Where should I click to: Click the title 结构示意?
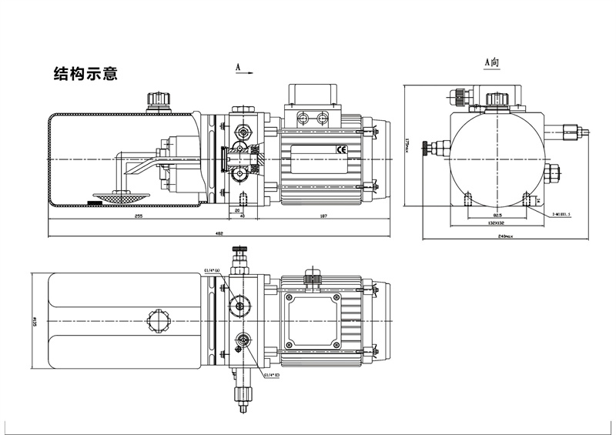point(84,75)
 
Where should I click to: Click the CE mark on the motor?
point(341,149)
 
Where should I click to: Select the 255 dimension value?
point(139,217)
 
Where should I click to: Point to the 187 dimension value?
point(323,217)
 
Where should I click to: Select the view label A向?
point(492,60)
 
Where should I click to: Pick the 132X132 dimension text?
point(497,223)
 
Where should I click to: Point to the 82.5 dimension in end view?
point(497,214)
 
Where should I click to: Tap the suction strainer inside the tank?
point(110,196)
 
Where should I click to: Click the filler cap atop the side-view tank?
point(160,101)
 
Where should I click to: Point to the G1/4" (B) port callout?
point(272,375)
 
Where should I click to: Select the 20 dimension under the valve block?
point(236,209)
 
